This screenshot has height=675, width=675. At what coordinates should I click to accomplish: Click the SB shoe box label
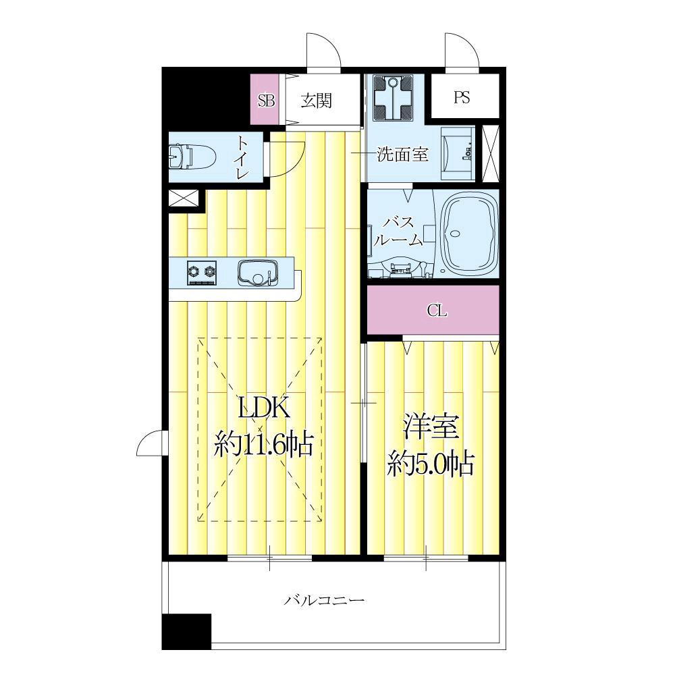pos(267,99)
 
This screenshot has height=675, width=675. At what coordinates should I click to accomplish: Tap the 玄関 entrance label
pos(316,100)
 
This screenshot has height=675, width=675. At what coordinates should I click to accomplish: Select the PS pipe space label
pos(462,97)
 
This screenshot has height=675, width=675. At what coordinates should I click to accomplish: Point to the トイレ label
pos(242,158)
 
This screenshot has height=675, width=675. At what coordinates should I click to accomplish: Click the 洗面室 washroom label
pos(402,155)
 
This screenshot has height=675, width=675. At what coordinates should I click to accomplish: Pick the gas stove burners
pos(202,272)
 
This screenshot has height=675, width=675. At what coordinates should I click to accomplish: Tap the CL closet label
pos(437,311)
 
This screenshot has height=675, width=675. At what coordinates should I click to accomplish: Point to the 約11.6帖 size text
pos(264,445)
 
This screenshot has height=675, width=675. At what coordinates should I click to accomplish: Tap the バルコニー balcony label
pos(325,599)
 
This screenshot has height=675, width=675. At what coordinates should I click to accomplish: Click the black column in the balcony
pos(187,631)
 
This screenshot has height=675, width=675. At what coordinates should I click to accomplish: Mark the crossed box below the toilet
pos(184,199)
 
